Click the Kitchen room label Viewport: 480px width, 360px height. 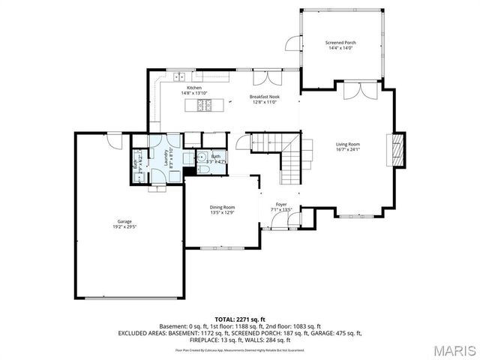(194, 88)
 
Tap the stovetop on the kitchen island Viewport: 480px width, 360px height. (203, 105)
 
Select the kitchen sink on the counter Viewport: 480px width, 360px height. (180, 76)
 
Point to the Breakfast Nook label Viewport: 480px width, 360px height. (264, 97)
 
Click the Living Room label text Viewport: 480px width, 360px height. (347, 144)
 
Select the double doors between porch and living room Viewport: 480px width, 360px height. (358, 91)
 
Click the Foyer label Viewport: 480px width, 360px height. (281, 203)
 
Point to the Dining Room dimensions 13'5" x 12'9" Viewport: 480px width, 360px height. (222, 213)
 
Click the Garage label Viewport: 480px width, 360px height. (124, 221)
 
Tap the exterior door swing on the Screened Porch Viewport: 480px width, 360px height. (292, 45)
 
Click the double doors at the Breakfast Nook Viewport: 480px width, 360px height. (262, 80)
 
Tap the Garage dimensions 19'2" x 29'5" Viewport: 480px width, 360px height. (124, 226)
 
